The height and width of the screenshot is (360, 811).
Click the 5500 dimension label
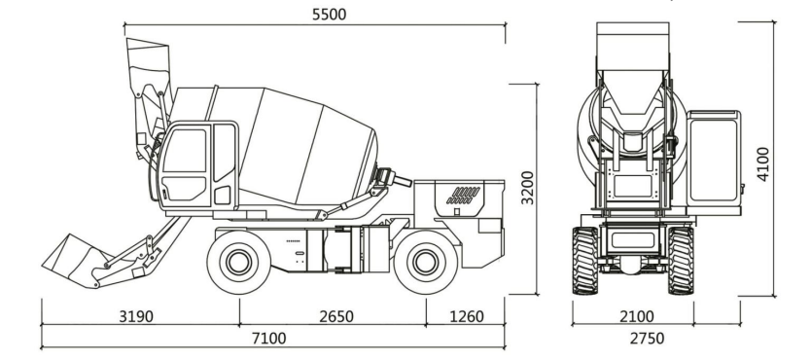[329, 14]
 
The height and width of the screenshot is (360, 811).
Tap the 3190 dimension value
[136, 316]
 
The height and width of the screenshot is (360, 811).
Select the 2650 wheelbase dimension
[336, 316]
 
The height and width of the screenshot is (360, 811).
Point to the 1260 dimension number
[467, 316]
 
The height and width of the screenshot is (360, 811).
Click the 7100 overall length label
[269, 339]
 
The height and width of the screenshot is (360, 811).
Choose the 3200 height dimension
[527, 188]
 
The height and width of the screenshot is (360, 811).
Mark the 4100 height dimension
[763, 164]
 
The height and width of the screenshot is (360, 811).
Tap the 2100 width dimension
[637, 316]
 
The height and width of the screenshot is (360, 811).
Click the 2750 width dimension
[647, 339]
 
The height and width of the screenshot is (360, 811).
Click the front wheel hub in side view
[239, 262]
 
